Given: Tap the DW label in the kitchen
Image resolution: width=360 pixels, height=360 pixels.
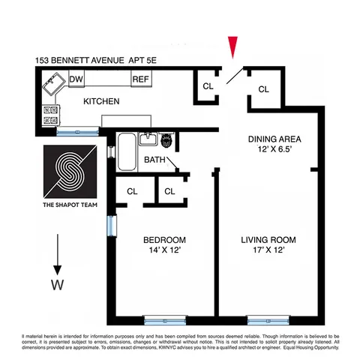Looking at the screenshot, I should tap(76, 79).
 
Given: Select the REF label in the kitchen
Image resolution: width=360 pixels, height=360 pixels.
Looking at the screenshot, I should tap(140, 79).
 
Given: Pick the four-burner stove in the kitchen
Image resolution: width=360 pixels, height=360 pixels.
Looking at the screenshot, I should tap(51, 114).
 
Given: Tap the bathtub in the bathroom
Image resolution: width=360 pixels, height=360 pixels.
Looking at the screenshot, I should tap(125, 148).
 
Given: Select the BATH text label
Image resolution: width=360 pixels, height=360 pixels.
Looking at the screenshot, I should tap(155, 160).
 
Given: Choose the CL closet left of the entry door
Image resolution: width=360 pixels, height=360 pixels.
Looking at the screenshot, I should tap(208, 85).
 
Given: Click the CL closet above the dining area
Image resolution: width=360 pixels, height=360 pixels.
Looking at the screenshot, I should tap(263, 89).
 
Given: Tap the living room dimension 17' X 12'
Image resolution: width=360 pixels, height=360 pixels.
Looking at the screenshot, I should tap(268, 253).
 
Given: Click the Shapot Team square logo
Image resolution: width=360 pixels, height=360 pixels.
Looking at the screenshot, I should tap(69, 172).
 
